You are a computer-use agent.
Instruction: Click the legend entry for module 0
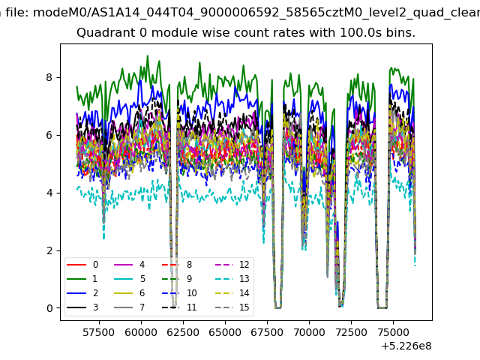point(82,265)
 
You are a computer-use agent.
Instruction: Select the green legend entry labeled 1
point(82,278)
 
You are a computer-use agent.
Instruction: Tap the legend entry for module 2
point(82,293)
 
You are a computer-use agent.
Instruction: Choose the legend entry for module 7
point(129,307)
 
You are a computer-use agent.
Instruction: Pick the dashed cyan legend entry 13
point(232,278)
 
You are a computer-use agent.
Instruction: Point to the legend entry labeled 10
point(179,293)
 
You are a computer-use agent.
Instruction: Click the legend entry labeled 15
point(232,307)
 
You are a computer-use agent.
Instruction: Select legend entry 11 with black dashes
point(179,307)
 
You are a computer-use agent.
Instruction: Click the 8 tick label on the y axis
point(49,77)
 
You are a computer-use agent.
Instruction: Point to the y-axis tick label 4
point(49,193)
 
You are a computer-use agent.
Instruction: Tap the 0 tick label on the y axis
point(49,308)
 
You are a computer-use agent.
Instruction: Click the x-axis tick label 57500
point(99,332)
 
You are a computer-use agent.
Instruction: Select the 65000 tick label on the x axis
point(225,332)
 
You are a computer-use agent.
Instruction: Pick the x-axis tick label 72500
point(351,332)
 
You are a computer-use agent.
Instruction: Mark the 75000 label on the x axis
point(393,332)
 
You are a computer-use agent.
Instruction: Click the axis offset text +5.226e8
point(406,346)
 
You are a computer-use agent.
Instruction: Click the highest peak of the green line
point(148,55)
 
